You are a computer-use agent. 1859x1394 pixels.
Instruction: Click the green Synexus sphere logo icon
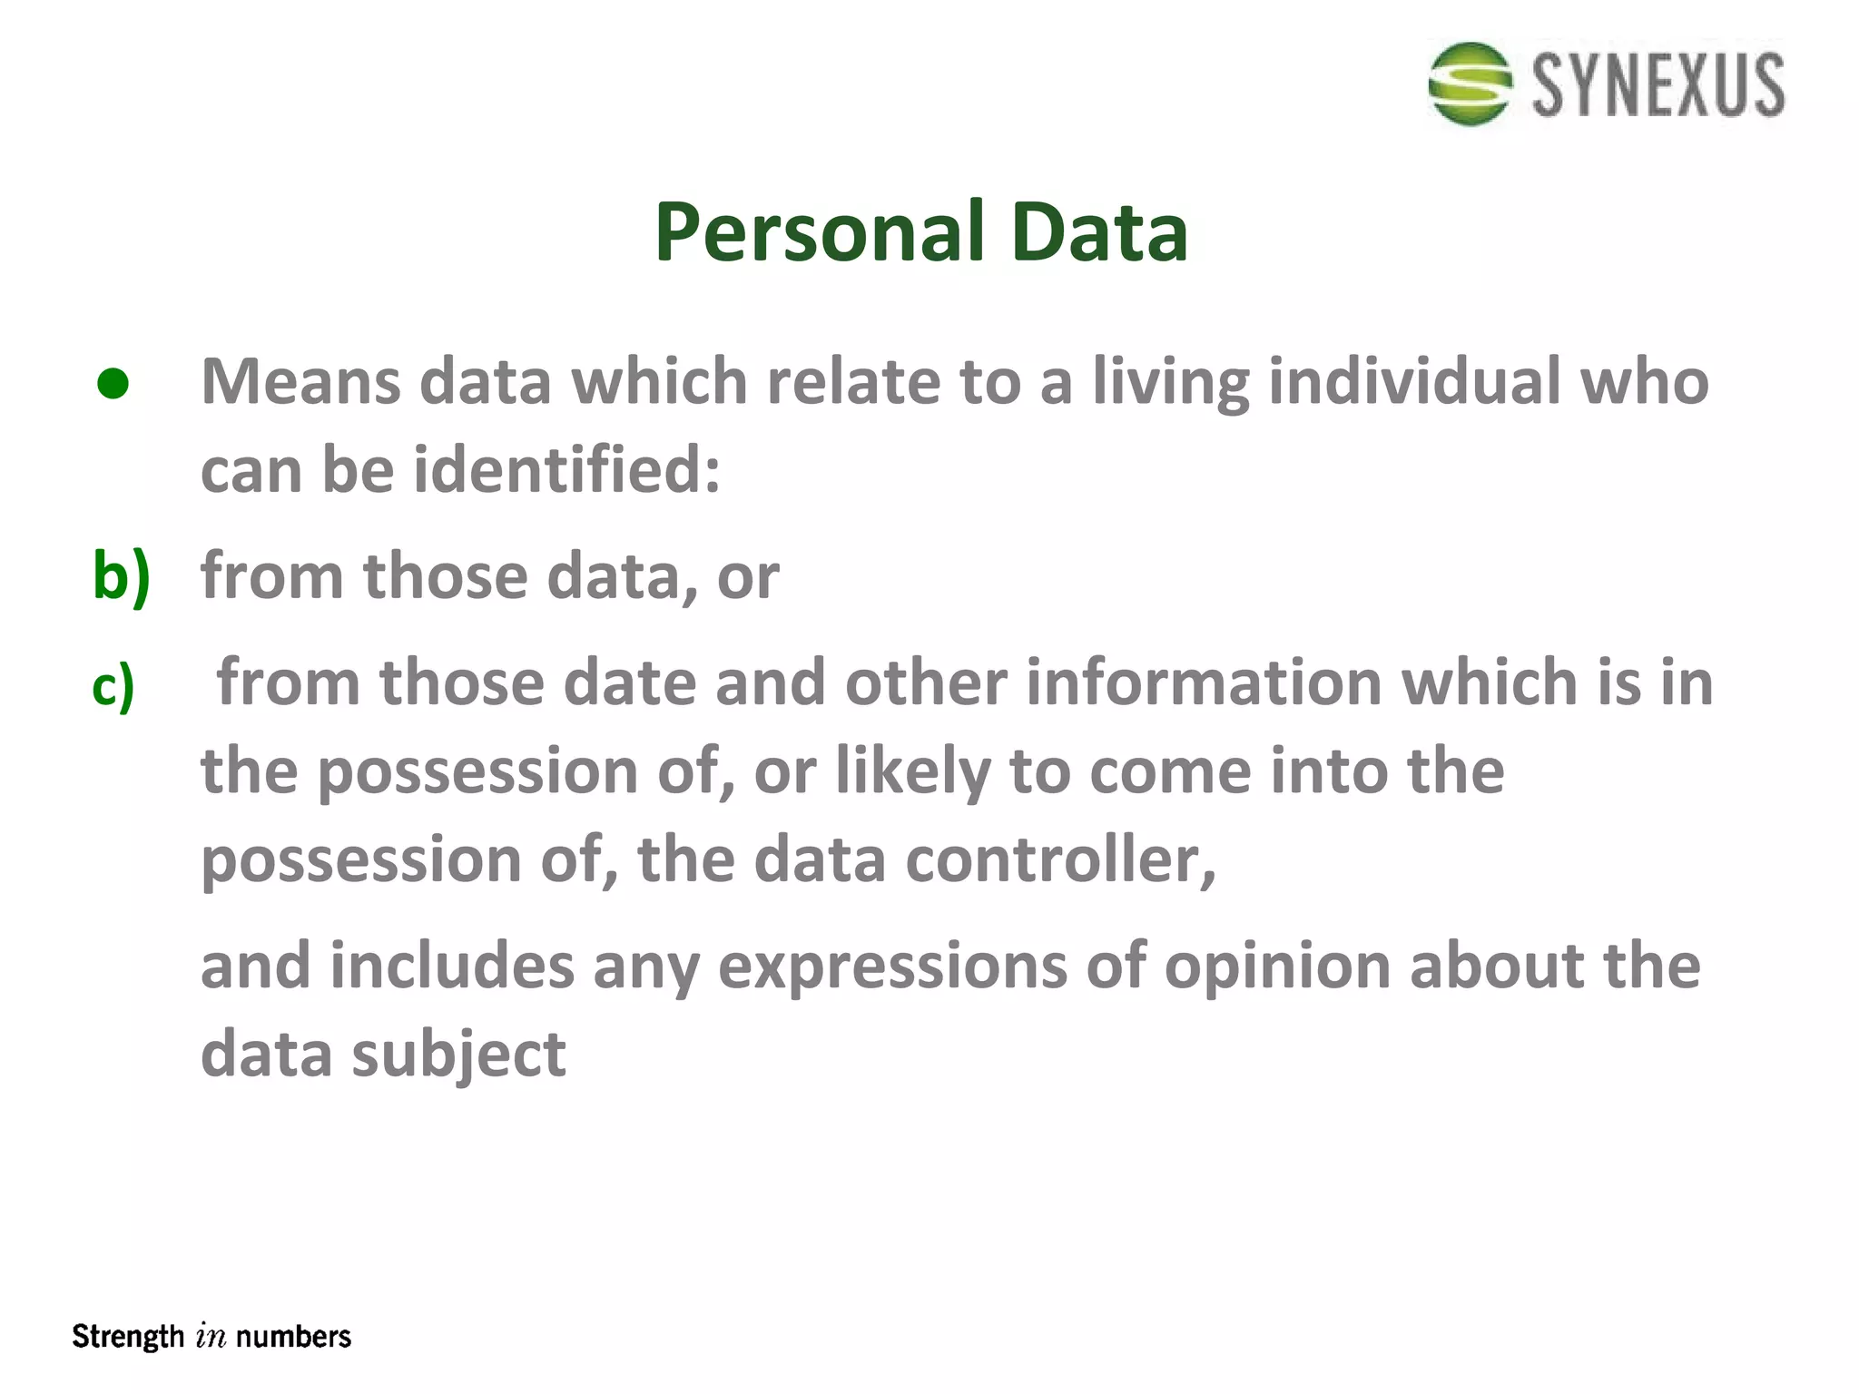(1470, 83)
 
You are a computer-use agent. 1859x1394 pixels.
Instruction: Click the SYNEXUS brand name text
(1658, 85)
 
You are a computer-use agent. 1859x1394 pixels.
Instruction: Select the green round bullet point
(113, 384)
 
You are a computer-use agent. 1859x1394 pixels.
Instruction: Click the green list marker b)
(121, 577)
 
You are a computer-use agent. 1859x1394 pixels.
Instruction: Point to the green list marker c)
(113, 686)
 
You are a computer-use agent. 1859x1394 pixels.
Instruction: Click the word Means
(300, 381)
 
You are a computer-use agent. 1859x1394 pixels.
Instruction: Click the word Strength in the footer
(128, 1337)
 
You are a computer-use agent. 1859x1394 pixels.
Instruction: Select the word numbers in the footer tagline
(293, 1337)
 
